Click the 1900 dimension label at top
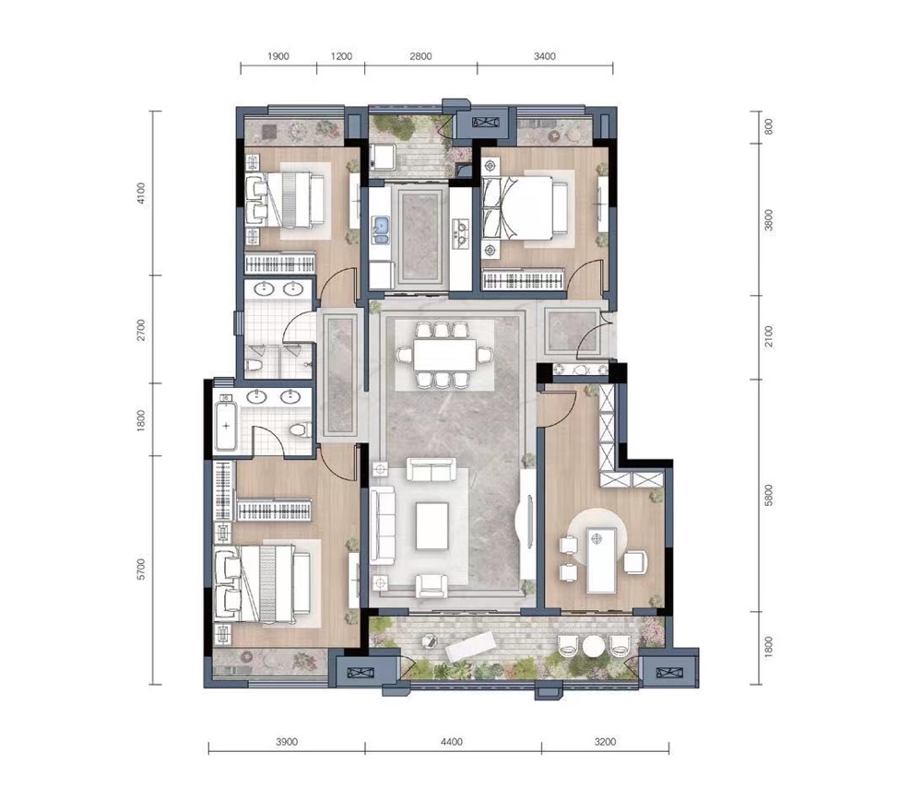(x=278, y=56)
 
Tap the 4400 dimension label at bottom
(x=452, y=742)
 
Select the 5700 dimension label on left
(x=141, y=570)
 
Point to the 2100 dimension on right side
(x=769, y=336)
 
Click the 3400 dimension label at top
(x=544, y=56)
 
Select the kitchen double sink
(x=381, y=230)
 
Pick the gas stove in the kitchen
(x=460, y=233)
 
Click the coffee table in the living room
(x=431, y=526)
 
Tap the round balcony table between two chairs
(x=594, y=646)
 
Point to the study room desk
(x=601, y=560)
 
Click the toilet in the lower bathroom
(x=299, y=430)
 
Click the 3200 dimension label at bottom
(x=605, y=742)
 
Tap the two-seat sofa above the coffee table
(x=431, y=469)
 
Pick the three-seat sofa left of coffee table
(x=383, y=525)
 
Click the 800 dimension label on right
(x=769, y=127)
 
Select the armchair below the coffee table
(x=431, y=585)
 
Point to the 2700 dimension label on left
(x=141, y=330)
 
